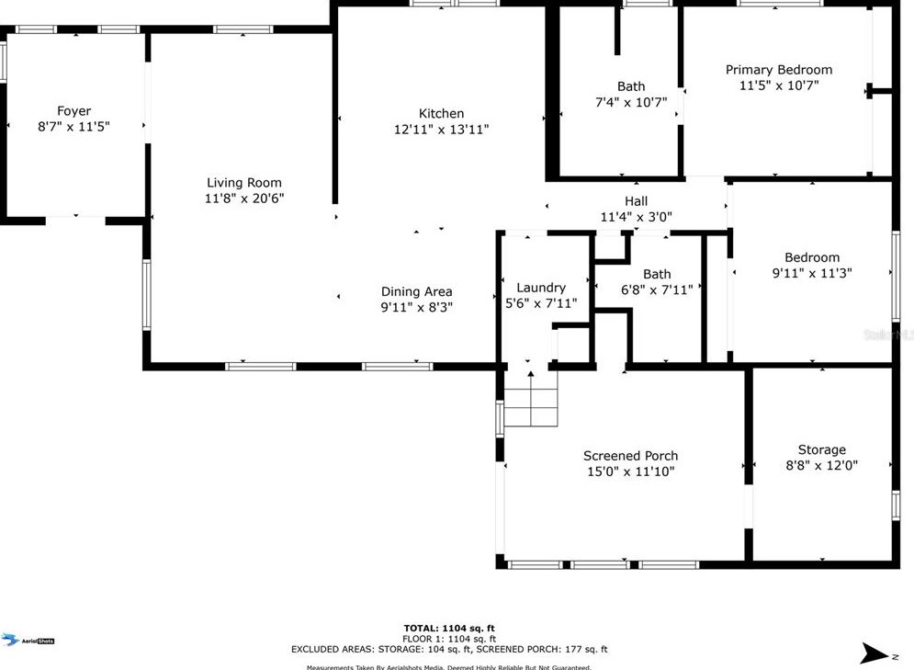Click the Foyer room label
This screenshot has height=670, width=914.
(x=73, y=111)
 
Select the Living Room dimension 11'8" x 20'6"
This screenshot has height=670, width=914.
(x=243, y=199)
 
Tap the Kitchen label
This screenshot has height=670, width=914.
(x=441, y=114)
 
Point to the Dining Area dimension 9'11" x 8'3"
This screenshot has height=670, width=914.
(x=417, y=308)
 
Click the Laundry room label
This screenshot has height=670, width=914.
(x=541, y=288)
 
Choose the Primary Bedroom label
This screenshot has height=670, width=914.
(x=778, y=70)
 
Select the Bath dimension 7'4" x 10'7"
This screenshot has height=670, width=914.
(x=630, y=103)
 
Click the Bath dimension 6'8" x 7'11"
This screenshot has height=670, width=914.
(x=656, y=290)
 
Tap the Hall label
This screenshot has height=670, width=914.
(x=636, y=201)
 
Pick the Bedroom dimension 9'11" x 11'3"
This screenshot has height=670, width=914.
(x=812, y=273)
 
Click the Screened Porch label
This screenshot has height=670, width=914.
(x=630, y=456)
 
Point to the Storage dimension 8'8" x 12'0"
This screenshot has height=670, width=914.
(x=821, y=466)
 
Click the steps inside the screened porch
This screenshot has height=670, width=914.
(x=531, y=406)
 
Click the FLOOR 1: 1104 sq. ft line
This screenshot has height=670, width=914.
(x=449, y=639)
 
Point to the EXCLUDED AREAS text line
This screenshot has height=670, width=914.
(x=449, y=649)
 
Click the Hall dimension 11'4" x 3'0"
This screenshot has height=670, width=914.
(x=636, y=218)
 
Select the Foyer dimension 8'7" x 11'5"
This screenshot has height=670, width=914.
(x=73, y=128)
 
